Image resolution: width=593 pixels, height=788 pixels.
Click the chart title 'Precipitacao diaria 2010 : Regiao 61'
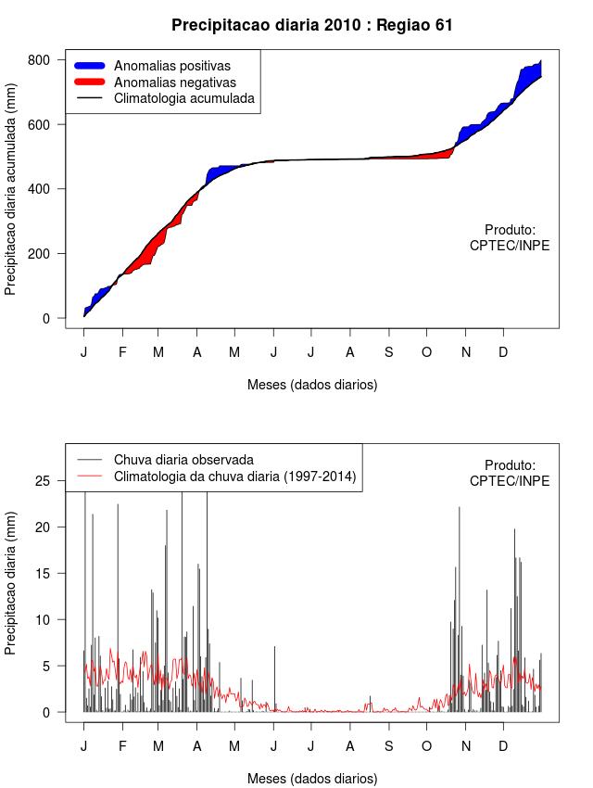point(312,25)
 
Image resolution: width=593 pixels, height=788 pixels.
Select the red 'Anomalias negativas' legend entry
point(175,83)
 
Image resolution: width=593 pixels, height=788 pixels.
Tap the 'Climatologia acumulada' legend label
point(184,98)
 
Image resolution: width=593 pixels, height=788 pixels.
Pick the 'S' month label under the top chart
point(388,352)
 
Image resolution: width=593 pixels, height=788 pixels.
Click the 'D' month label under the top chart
point(503,352)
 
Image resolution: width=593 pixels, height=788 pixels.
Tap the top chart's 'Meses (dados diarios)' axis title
point(312,384)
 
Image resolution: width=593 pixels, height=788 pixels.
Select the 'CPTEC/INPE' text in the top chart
point(510,246)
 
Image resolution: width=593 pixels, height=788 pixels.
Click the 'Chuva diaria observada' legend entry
point(183,460)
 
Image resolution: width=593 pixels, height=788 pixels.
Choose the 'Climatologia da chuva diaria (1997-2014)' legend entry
point(235,477)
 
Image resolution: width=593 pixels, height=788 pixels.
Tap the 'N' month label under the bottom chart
point(466,746)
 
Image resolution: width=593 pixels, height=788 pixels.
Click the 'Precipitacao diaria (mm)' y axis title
point(11,583)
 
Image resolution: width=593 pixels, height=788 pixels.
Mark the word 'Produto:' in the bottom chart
point(510,464)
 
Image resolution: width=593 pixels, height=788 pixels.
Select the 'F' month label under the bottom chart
point(122,746)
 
